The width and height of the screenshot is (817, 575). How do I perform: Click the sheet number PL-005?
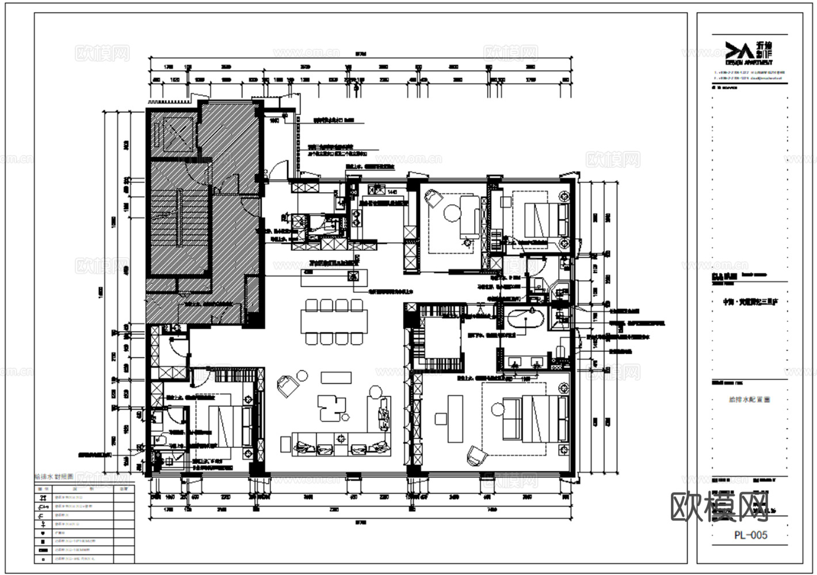click(x=750, y=535)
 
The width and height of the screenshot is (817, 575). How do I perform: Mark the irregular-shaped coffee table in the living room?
click(x=331, y=407)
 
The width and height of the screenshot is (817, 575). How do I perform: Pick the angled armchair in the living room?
click(x=287, y=385)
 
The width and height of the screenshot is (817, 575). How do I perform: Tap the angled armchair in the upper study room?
click(x=432, y=198)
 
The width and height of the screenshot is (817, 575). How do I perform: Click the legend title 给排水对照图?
click(x=54, y=477)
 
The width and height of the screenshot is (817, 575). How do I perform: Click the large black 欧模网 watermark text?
click(x=719, y=506)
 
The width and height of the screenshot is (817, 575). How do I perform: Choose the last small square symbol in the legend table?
click(x=43, y=558)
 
